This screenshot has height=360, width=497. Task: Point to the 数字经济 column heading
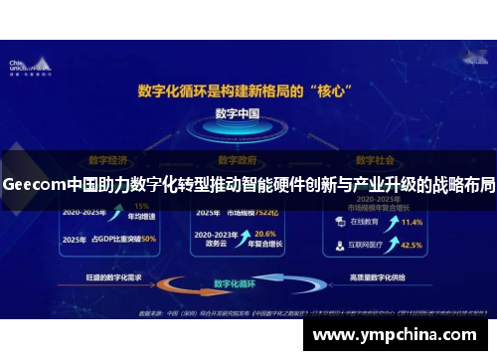(106, 158)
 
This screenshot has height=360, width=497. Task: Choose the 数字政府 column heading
(238, 158)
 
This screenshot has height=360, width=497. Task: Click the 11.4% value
(412, 222)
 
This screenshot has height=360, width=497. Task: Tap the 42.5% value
(411, 244)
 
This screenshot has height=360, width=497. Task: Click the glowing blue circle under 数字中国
(238, 137)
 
